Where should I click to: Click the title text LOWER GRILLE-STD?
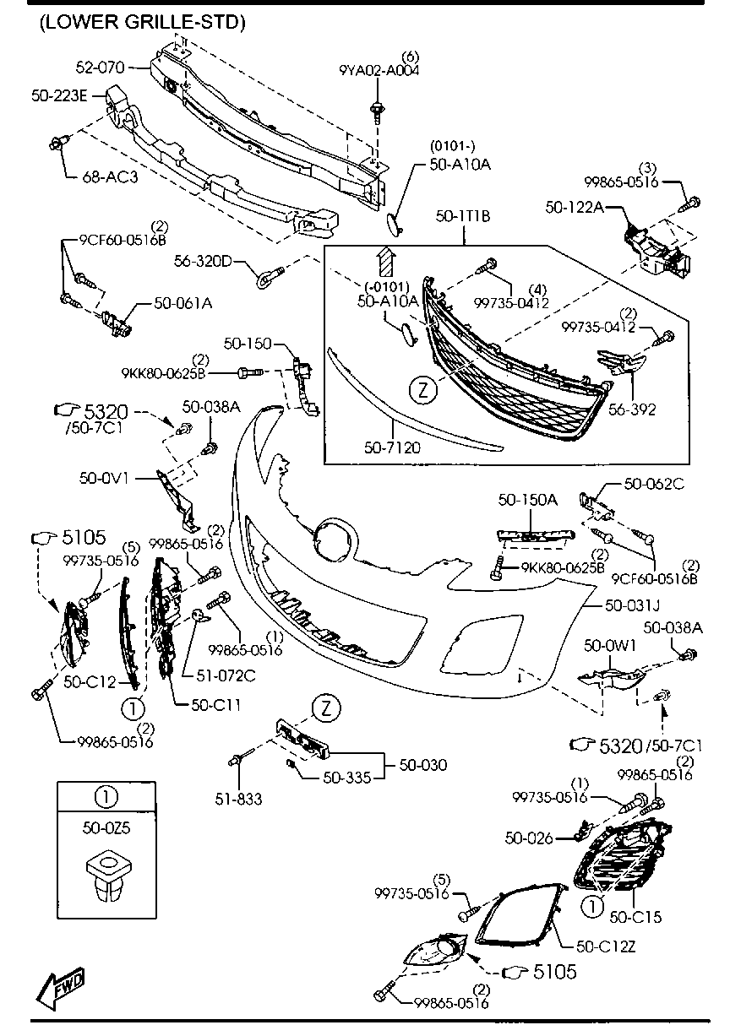point(142,24)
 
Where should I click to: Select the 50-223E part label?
point(59,96)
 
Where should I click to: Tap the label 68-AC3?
point(110,178)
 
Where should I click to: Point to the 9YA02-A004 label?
point(379,71)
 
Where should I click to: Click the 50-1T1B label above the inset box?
point(463,216)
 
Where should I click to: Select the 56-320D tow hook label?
point(203,261)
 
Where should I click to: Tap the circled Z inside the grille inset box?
point(422,390)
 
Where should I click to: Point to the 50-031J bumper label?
point(632,605)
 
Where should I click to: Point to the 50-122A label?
point(574,206)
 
